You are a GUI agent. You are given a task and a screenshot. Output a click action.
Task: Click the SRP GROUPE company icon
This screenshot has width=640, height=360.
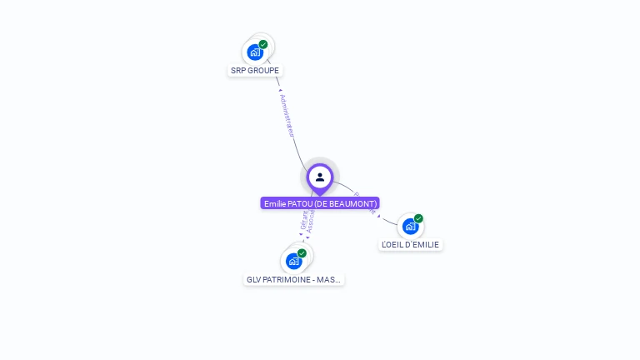[x=255, y=52]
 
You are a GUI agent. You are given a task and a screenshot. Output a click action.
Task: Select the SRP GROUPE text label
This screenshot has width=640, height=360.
[x=255, y=71]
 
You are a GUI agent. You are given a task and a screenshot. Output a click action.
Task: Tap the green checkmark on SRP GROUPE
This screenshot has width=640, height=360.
[x=263, y=44]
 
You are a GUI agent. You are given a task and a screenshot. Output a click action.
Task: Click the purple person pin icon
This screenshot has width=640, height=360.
[x=320, y=177]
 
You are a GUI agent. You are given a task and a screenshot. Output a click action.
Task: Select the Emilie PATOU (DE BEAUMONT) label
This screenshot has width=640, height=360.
[x=320, y=203]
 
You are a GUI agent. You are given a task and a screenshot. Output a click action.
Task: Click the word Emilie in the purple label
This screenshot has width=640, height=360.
[x=274, y=203]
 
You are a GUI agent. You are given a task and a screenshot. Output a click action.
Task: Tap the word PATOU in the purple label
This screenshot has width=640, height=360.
[x=300, y=203]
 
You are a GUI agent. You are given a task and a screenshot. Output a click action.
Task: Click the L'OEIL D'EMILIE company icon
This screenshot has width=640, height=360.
[x=410, y=226]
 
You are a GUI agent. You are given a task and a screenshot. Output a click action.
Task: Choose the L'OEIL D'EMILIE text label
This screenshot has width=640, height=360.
[x=411, y=245]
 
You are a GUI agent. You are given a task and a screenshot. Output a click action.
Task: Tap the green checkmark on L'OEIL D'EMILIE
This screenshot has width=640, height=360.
[x=418, y=218]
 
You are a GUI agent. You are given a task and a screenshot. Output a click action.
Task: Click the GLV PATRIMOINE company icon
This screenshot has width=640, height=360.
[x=293, y=261]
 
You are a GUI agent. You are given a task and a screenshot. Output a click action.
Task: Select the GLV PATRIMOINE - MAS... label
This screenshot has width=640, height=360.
[x=294, y=280]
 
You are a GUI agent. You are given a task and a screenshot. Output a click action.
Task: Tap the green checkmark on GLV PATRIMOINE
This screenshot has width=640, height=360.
[x=302, y=253]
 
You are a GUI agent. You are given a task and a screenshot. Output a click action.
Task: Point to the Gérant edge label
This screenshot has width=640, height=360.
[x=303, y=221]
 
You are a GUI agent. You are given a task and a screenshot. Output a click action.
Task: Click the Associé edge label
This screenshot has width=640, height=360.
[x=311, y=221]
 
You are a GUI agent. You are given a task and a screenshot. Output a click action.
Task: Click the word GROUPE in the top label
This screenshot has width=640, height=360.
[x=267, y=71]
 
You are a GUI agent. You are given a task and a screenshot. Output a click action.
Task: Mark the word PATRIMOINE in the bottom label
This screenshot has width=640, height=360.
[x=287, y=280]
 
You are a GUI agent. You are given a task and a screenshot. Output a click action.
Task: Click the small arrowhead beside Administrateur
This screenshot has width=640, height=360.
[x=280, y=90]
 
